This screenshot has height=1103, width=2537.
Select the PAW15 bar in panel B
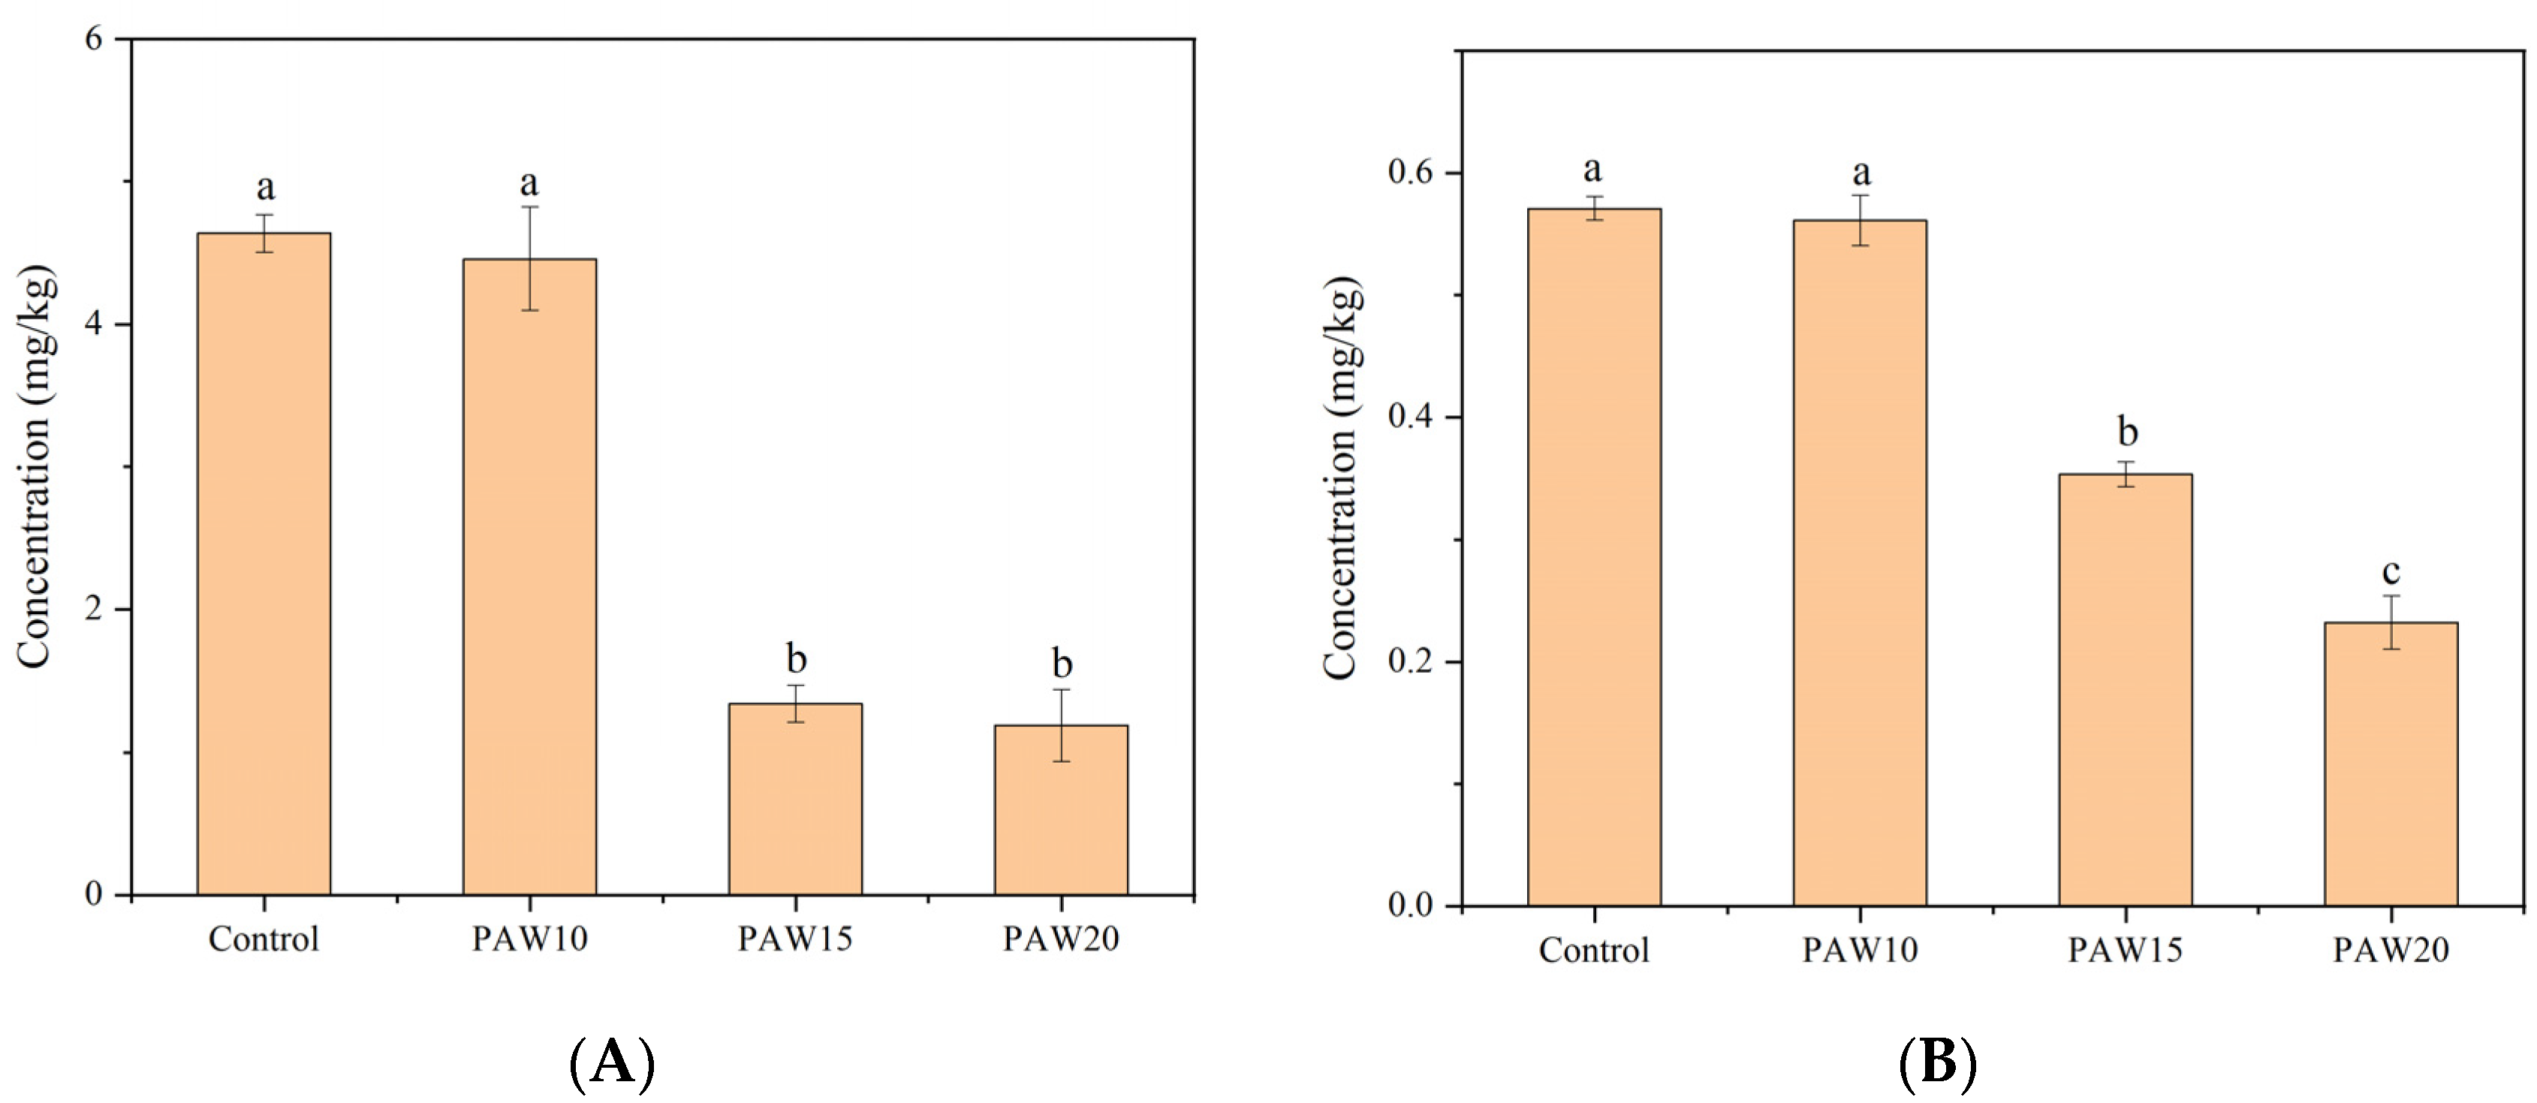(x=2126, y=689)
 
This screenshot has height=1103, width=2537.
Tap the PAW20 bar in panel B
(x=2391, y=763)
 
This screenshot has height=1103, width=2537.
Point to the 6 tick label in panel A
(x=94, y=39)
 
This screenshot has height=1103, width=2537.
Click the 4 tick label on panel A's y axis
(x=94, y=324)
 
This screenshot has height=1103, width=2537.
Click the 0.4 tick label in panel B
(x=1412, y=417)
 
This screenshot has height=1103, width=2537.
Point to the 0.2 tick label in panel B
(x=1412, y=661)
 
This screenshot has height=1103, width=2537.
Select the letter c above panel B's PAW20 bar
(x=2391, y=572)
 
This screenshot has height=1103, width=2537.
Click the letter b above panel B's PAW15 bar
(x=2127, y=431)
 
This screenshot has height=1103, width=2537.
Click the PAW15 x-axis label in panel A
(x=795, y=939)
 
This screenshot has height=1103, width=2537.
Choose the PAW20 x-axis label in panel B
(x=2391, y=951)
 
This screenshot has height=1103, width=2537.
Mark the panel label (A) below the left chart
(x=612, y=1064)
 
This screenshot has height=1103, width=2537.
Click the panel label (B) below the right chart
(x=1937, y=1064)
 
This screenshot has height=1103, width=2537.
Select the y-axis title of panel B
(x=1342, y=478)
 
